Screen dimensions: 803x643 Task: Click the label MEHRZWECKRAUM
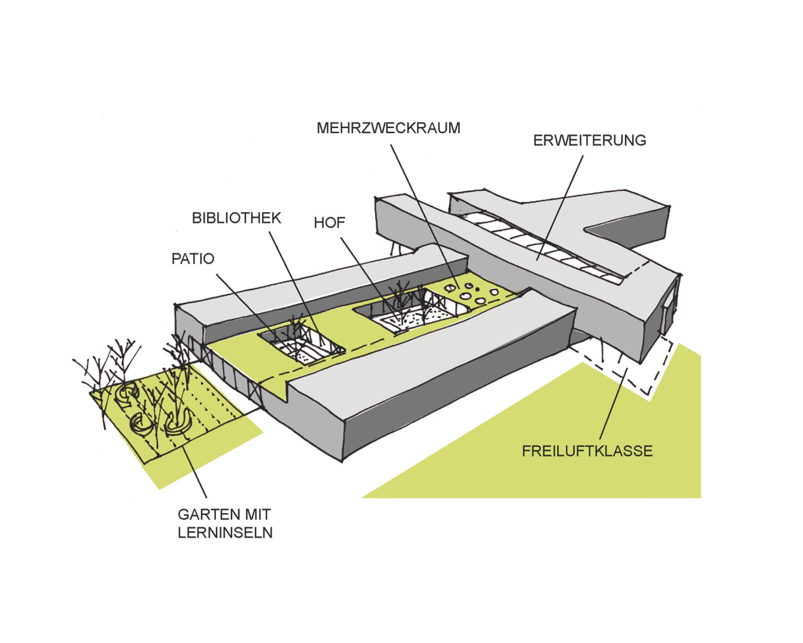pyautogui.click(x=389, y=128)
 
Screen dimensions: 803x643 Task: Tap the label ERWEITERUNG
pyautogui.click(x=589, y=140)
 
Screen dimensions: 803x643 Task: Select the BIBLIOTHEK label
pyautogui.click(x=236, y=218)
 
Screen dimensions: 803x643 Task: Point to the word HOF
pyautogui.click(x=330, y=223)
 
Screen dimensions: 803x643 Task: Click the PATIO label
pyautogui.click(x=193, y=259)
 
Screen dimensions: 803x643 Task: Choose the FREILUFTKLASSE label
pyautogui.click(x=587, y=451)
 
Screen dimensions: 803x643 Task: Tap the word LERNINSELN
pyautogui.click(x=225, y=532)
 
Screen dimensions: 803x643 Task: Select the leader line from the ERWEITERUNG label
pyautogui.click(x=560, y=208)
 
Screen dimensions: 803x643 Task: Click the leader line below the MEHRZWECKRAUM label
pyautogui.click(x=425, y=217)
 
